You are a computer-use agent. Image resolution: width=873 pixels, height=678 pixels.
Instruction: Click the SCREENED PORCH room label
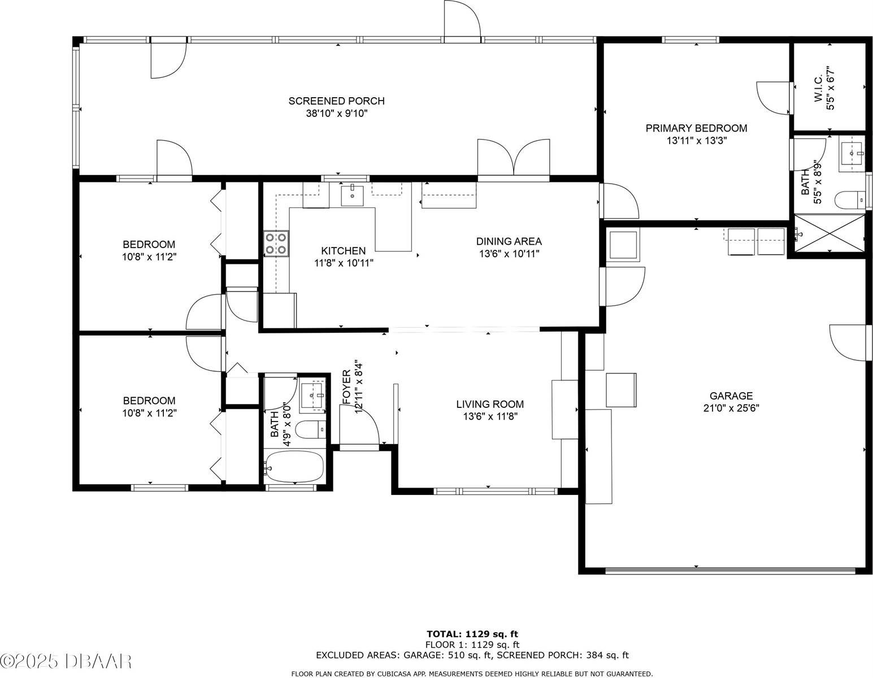pyautogui.click(x=336, y=101)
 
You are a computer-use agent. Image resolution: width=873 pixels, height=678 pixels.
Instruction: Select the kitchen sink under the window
pyautogui.click(x=353, y=195)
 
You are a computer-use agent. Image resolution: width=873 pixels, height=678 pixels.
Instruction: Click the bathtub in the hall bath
pyautogui.click(x=294, y=467)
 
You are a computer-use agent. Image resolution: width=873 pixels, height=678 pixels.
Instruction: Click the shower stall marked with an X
pyautogui.click(x=829, y=233)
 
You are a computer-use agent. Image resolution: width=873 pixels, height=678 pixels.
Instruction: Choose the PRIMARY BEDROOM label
pyautogui.click(x=696, y=128)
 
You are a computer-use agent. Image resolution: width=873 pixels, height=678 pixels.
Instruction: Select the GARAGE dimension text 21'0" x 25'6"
pyautogui.click(x=731, y=408)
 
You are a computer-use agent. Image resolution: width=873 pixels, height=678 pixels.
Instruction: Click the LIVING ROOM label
pyautogui.click(x=490, y=404)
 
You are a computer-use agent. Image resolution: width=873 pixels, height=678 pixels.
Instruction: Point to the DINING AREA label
pyautogui.click(x=509, y=241)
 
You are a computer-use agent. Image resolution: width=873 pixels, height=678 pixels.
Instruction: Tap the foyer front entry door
pyautogui.click(x=359, y=428)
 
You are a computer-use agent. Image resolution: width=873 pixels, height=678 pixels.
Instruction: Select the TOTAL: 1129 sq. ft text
pyautogui.click(x=472, y=634)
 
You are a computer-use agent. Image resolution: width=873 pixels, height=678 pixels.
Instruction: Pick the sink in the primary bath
pyautogui.click(x=851, y=152)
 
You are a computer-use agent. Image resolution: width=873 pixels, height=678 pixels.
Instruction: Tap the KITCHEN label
pyautogui.click(x=343, y=251)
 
